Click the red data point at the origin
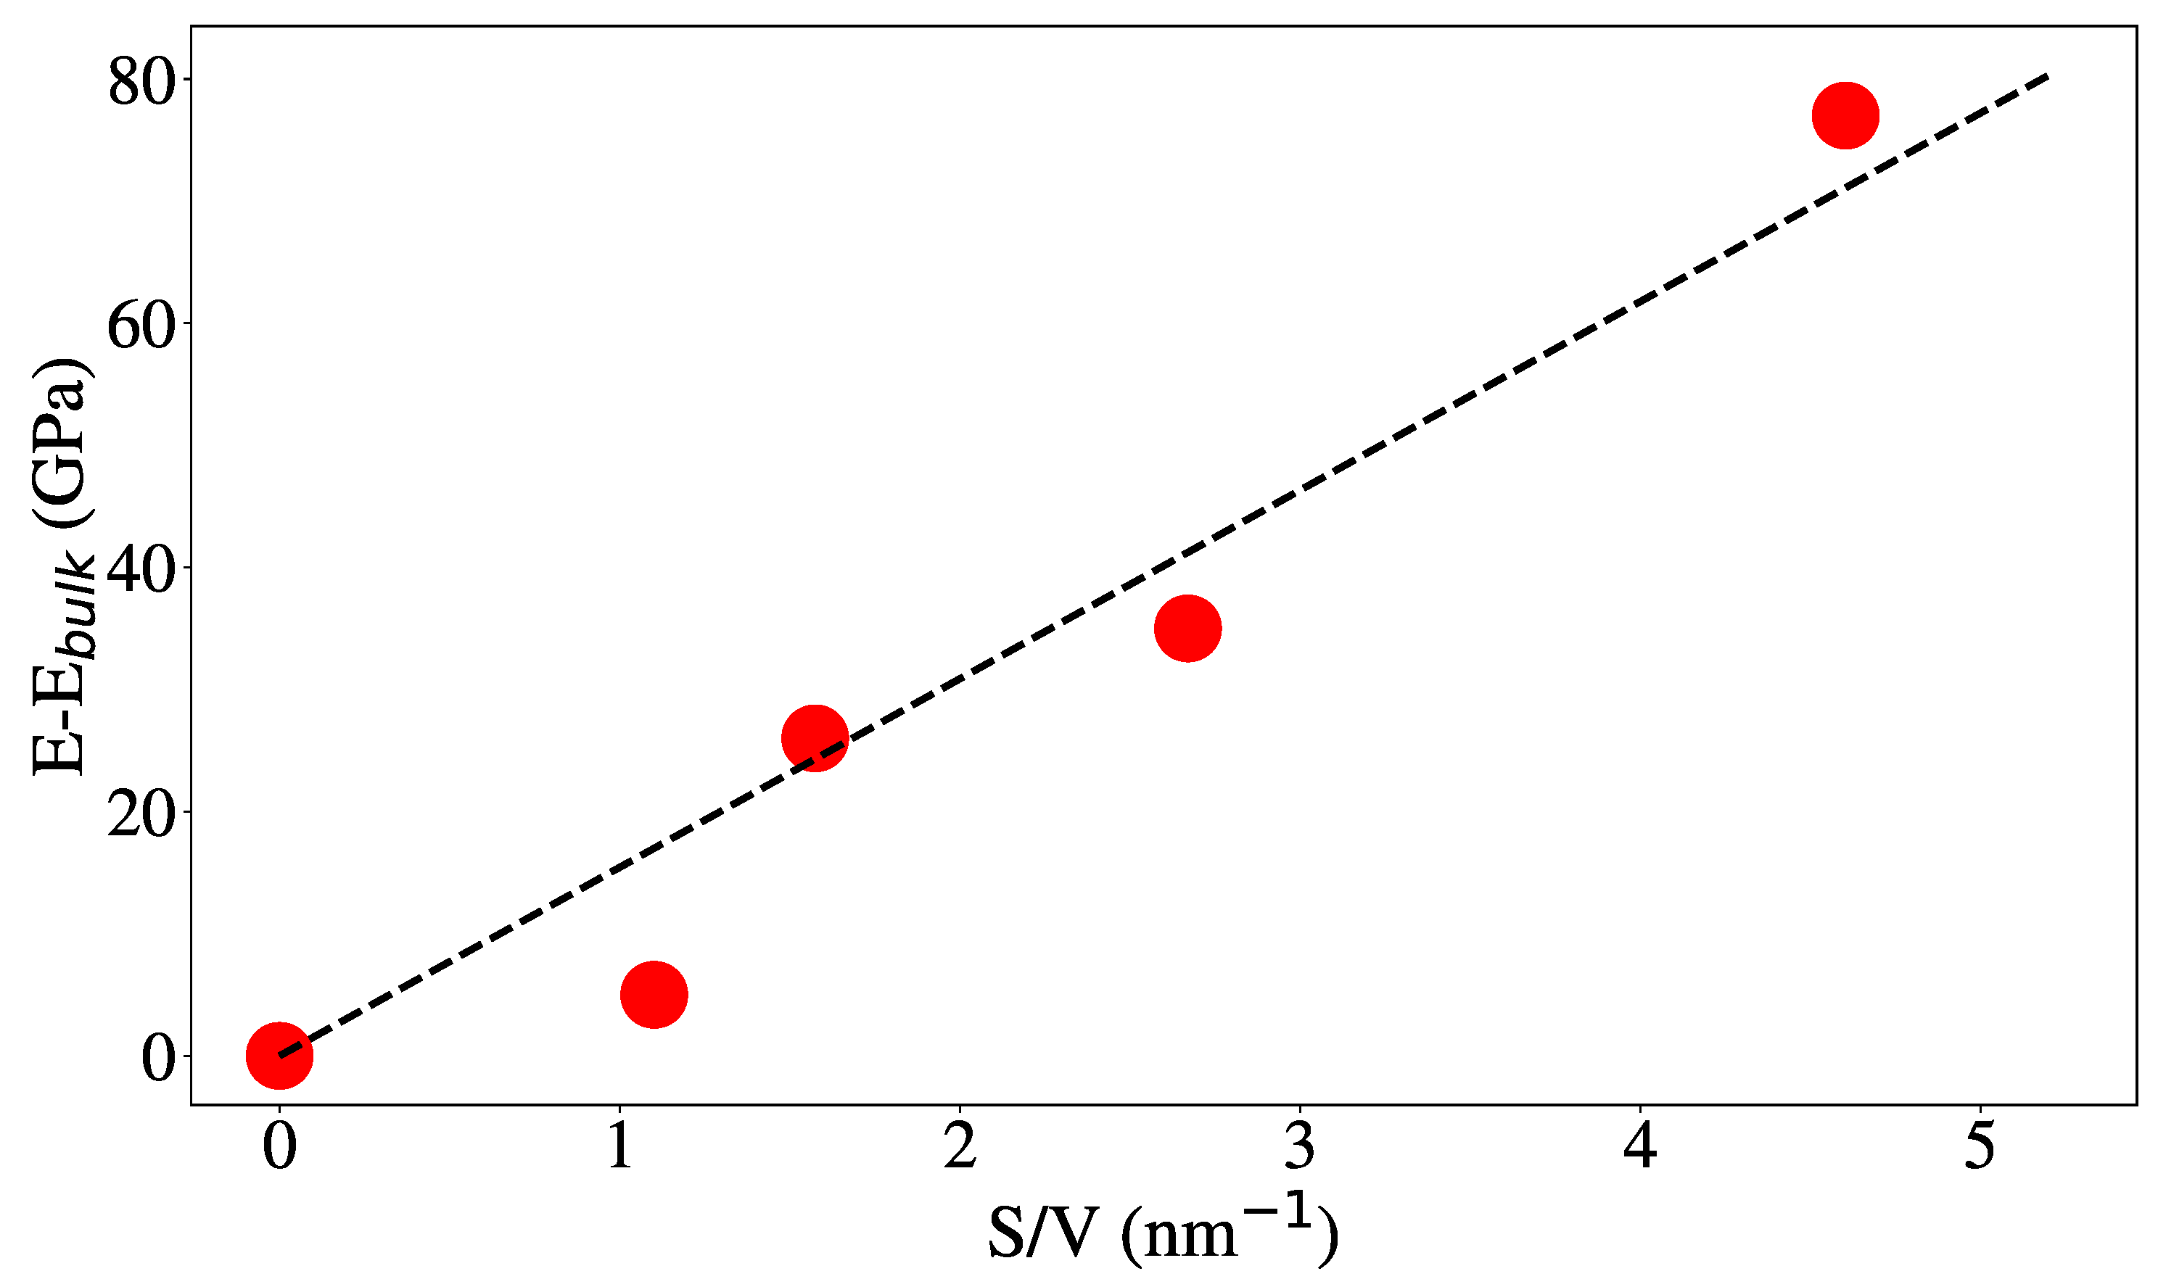(x=279, y=1056)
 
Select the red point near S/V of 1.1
(x=654, y=995)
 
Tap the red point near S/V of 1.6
(x=814, y=738)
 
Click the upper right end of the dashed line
(x=2046, y=77)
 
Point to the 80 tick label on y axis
(x=141, y=83)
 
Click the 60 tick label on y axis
(x=141, y=328)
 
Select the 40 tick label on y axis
(x=141, y=571)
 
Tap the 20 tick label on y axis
(x=141, y=815)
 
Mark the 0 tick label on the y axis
(x=159, y=1059)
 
